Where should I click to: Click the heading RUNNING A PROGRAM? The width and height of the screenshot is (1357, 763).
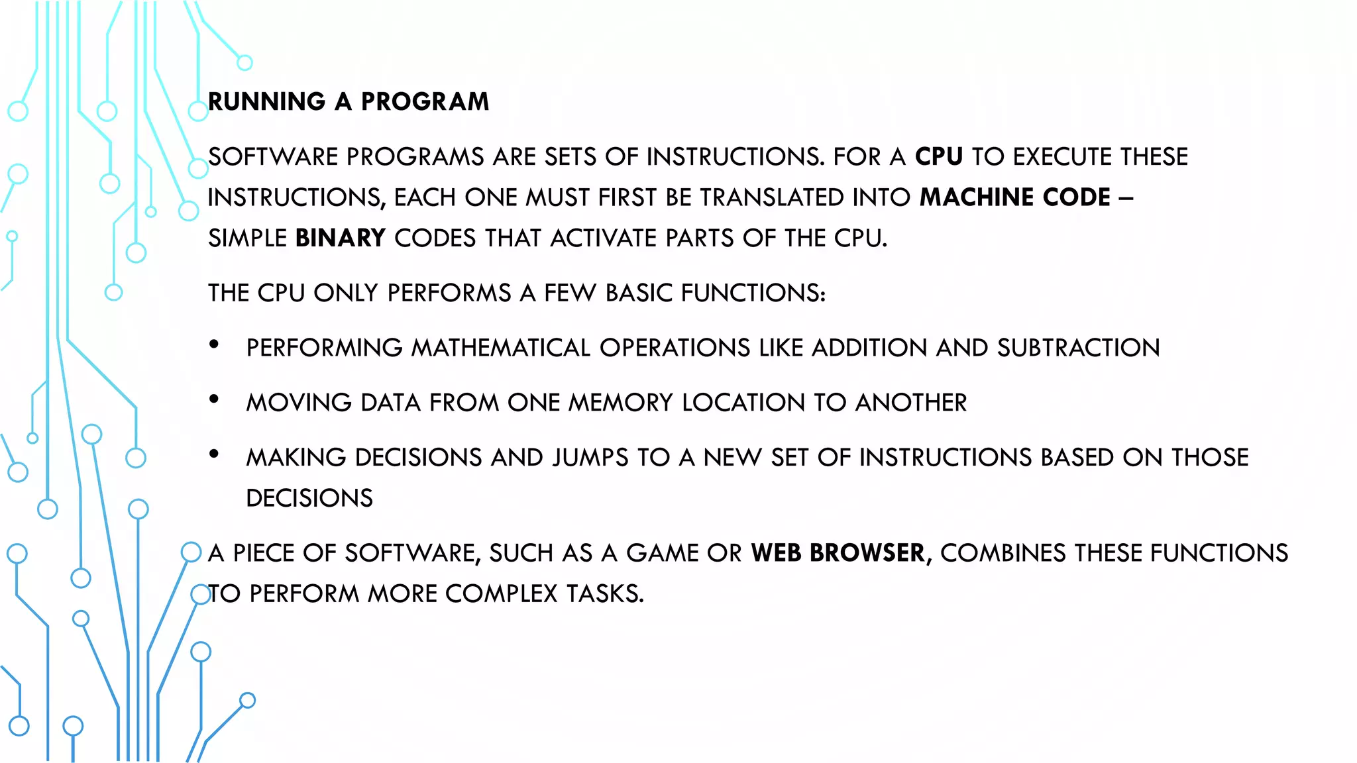tap(349, 102)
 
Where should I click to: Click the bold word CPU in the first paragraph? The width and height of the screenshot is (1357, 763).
tap(938, 157)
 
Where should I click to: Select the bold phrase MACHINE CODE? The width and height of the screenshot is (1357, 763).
tap(1014, 197)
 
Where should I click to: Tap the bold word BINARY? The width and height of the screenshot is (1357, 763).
tap(340, 238)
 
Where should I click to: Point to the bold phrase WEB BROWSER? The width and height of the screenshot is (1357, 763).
tap(838, 553)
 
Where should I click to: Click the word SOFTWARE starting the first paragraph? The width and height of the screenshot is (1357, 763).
tap(273, 157)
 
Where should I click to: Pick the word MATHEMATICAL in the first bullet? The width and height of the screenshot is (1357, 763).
tap(501, 348)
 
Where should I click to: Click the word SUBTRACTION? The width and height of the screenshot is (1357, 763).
tap(1078, 348)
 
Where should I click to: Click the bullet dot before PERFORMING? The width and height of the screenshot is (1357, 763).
tap(214, 344)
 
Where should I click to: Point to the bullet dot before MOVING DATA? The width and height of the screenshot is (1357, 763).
tap(214, 399)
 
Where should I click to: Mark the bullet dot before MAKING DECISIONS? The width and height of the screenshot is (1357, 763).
tap(214, 454)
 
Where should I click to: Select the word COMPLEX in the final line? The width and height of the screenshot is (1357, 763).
tap(502, 594)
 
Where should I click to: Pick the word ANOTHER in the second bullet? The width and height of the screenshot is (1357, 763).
tap(911, 403)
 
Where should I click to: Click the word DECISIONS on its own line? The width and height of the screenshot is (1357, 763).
tap(309, 498)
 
